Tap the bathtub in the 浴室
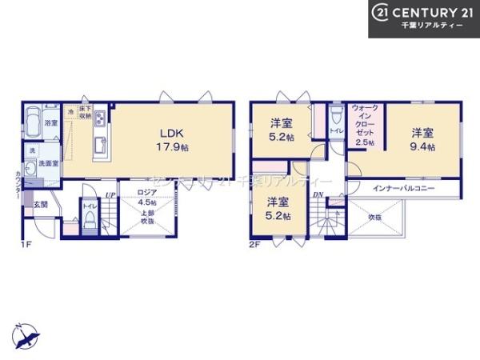pyautogui.click(x=33, y=124)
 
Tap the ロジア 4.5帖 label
pyautogui.click(x=146, y=197)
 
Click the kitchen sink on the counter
pyautogui.click(x=100, y=146)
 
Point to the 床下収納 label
pyautogui.click(x=85, y=115)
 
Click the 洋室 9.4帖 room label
pyautogui.click(x=424, y=139)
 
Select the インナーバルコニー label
pyautogui.click(x=403, y=188)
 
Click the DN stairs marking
pyautogui.click(x=318, y=194)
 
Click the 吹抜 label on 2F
pyautogui.click(x=375, y=216)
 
